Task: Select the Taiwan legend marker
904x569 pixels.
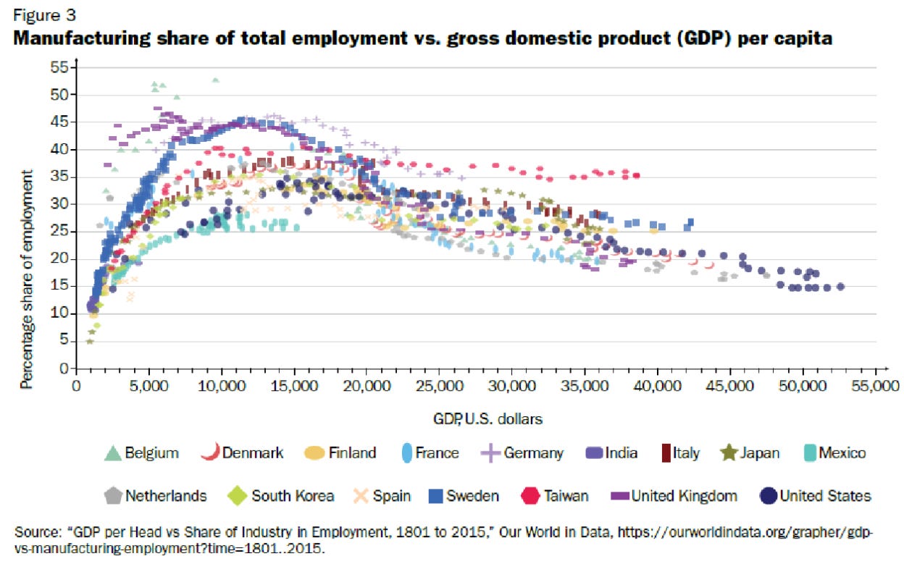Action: click(532, 496)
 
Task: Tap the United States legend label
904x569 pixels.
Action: click(825, 496)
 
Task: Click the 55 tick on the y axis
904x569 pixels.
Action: click(59, 67)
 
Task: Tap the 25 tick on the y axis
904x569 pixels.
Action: click(59, 232)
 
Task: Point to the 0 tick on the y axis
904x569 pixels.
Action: click(63, 369)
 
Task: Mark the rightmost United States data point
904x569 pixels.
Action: click(840, 287)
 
